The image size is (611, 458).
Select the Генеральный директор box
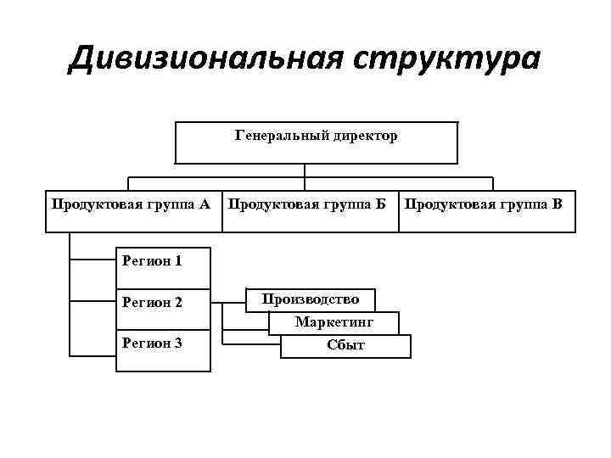coord(316,142)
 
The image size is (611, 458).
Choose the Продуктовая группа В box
coord(489,210)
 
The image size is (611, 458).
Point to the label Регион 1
coord(152,260)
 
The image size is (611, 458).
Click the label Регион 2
coord(152,302)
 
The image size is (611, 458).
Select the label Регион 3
coord(152,343)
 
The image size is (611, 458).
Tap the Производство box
coord(311,299)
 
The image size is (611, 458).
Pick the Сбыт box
coord(345,345)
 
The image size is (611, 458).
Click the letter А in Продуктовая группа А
coord(205,204)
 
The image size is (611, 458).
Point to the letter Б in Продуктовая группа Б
coord(380,204)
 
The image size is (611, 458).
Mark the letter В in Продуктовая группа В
coord(557,204)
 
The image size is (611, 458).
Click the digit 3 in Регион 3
coord(177,343)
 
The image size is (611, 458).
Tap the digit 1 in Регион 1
coord(177,260)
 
